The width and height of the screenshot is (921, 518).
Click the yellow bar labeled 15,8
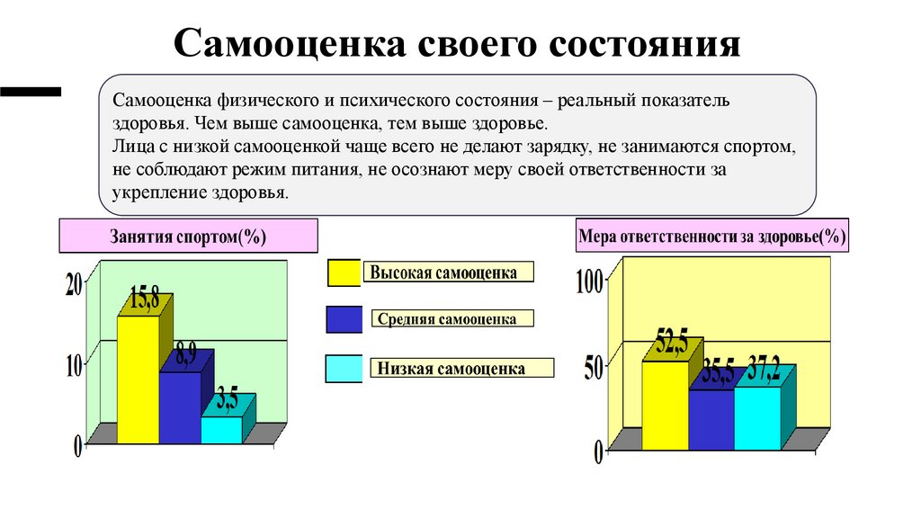point(139,378)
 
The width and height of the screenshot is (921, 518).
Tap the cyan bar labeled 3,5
point(221,429)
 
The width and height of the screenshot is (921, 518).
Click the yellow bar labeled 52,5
point(665,405)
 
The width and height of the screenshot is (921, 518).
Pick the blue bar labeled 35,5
point(711,419)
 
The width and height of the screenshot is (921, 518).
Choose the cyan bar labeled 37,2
point(756,417)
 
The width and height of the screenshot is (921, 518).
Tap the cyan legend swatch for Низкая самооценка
point(344,368)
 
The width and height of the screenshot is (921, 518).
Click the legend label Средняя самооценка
point(447,319)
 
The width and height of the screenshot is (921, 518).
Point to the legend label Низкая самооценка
point(452,369)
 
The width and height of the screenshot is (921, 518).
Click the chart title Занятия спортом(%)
point(189,237)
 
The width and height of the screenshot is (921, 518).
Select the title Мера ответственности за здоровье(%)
point(711,237)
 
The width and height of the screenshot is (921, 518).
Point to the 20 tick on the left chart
point(74,284)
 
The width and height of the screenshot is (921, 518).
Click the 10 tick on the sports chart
point(74,364)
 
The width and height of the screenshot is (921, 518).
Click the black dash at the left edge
point(31,91)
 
